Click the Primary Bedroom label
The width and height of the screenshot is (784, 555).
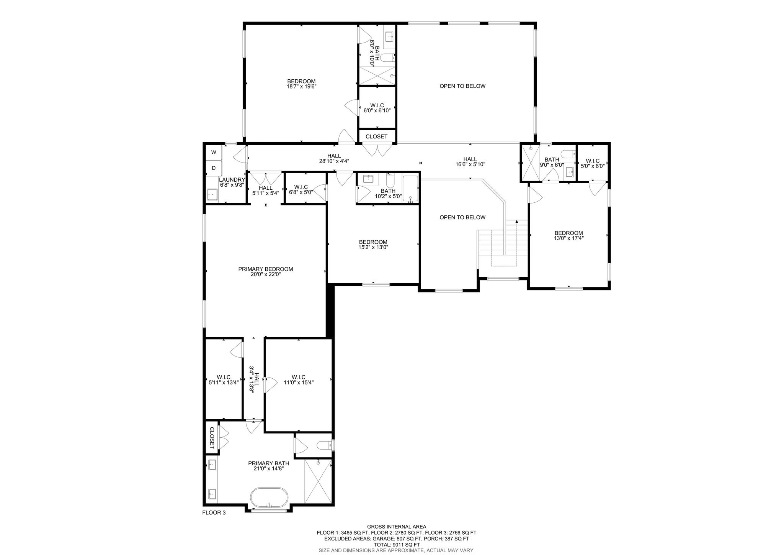click(x=266, y=271)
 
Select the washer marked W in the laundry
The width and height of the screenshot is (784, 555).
click(x=214, y=152)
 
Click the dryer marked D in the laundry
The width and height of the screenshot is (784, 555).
click(x=214, y=168)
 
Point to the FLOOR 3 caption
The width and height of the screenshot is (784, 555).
click(x=214, y=523)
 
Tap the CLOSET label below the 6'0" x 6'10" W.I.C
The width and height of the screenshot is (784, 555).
click(x=377, y=136)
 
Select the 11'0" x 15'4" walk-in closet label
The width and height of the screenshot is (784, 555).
click(x=299, y=379)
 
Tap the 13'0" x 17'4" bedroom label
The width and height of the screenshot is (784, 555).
click(x=569, y=235)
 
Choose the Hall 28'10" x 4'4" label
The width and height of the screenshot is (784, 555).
click(x=334, y=158)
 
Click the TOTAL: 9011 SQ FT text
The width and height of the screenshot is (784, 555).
click(x=397, y=545)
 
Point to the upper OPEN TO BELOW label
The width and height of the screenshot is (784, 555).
click(x=462, y=86)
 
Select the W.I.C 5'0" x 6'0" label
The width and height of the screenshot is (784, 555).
click(x=592, y=163)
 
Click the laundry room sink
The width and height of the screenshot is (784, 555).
click(x=212, y=195)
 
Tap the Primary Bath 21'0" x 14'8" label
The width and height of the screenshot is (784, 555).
click(x=269, y=466)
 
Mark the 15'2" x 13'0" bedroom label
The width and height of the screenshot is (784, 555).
click(x=373, y=245)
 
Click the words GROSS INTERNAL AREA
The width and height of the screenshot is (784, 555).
click(x=397, y=527)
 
